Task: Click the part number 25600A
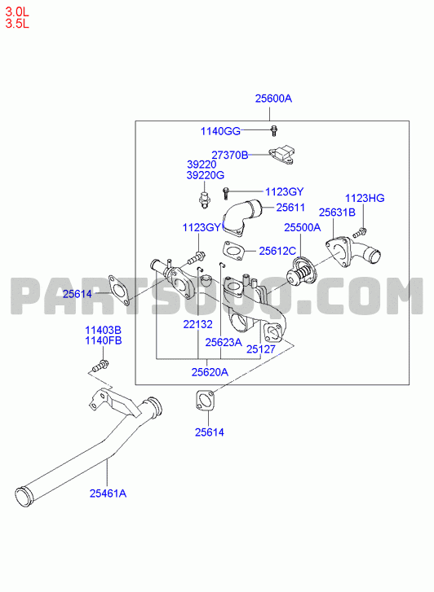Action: tap(273, 99)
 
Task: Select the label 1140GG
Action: tap(220, 131)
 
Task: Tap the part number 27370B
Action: tap(230, 155)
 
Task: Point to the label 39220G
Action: tap(206, 175)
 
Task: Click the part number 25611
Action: tap(290, 208)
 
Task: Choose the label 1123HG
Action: tap(365, 198)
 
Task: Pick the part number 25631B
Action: tap(337, 213)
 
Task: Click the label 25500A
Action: tap(303, 227)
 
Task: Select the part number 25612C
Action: tap(277, 251)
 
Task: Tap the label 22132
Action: tap(198, 324)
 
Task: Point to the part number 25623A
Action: tap(224, 342)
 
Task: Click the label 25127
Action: tap(261, 349)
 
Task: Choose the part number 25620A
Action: tap(210, 372)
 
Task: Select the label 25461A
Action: tap(108, 493)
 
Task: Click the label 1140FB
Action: tap(104, 340)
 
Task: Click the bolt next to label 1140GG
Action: tap(274, 130)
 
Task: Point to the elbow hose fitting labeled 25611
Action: tap(242, 218)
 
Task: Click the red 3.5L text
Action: tap(17, 24)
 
